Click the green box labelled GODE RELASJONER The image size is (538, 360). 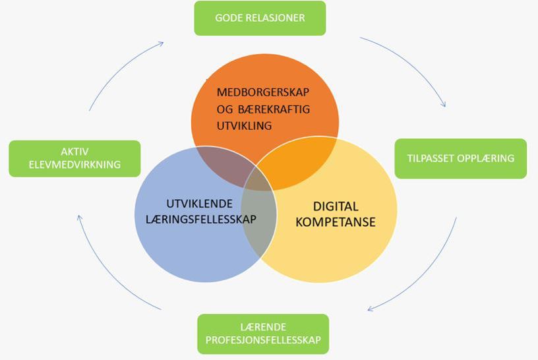pos(260,18)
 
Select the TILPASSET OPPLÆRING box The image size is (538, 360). pos(460,158)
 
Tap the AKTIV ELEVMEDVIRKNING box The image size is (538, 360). pos(75,158)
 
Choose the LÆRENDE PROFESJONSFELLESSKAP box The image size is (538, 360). pos(262,334)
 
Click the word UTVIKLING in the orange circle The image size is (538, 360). pos(244,125)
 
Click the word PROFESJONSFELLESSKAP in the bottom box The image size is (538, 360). pos(262,340)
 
